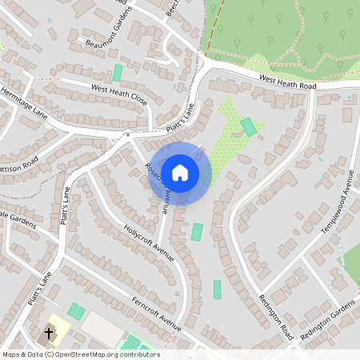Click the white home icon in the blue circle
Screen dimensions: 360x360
coord(180,173)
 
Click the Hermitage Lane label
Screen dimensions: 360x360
coord(24,102)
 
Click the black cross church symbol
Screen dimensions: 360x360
coord(49,333)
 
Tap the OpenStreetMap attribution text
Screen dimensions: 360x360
coord(81,354)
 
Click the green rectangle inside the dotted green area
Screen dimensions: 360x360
coord(249,126)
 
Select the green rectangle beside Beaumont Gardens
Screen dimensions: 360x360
coord(118,73)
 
